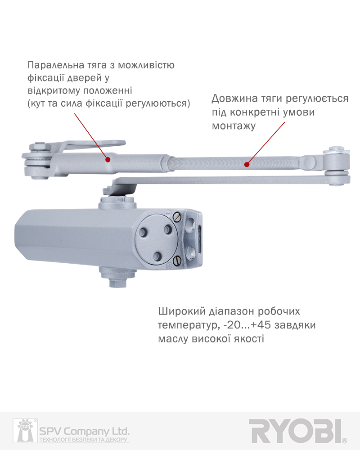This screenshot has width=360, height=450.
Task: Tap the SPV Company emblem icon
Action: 25,431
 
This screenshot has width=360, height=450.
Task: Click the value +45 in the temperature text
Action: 261,325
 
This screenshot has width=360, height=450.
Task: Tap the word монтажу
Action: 234,126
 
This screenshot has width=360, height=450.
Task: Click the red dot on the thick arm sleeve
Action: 108,159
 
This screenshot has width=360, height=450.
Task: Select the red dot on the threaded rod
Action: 247,164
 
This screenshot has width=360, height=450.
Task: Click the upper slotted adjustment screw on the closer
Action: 178,217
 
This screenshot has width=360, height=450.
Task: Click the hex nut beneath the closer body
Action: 118,282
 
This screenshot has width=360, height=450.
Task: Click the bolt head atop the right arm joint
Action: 337,150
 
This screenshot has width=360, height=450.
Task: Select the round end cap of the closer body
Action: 157,239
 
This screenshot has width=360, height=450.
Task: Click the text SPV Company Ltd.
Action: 84,432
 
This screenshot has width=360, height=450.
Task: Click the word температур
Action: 189,325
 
